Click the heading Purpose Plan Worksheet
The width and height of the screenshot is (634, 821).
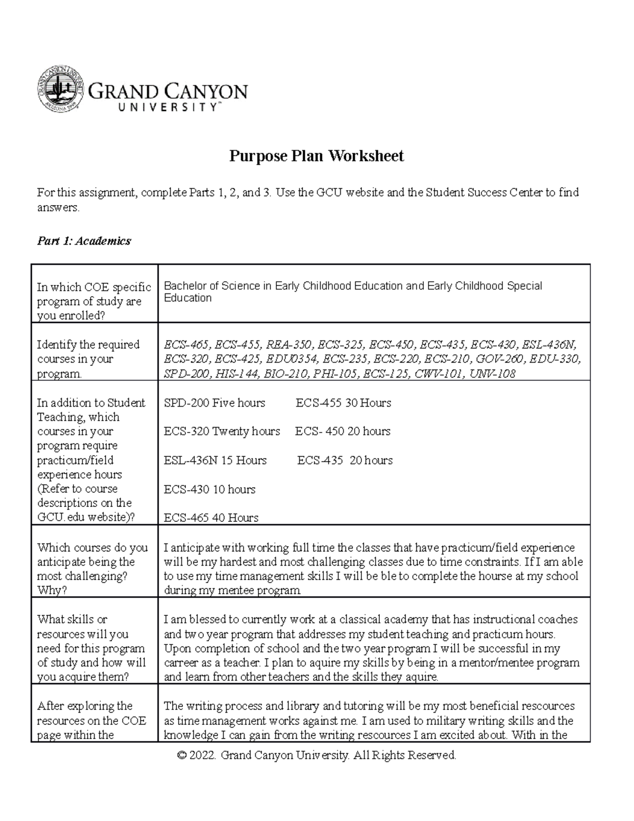316,156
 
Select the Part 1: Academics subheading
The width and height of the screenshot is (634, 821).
83,241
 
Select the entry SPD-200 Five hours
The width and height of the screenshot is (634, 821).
215,403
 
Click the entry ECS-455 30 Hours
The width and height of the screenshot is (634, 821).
343,403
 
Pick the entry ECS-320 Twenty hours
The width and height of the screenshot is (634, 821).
222,431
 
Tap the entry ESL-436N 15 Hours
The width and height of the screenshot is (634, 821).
216,460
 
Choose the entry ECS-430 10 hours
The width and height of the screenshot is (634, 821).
210,490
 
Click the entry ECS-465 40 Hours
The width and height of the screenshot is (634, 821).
211,518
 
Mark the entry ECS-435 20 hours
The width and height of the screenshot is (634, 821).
345,460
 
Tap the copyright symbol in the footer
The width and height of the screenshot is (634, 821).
182,756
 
